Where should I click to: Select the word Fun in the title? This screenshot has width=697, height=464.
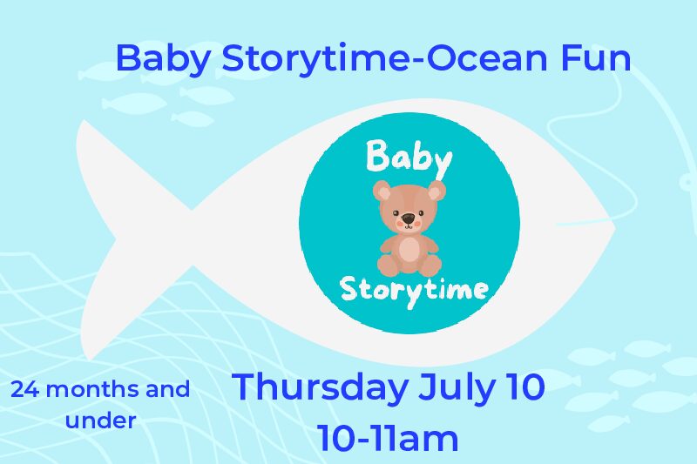[x=596, y=57]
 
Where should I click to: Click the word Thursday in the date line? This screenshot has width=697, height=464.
[x=320, y=387]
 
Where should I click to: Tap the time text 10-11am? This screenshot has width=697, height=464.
[x=387, y=438]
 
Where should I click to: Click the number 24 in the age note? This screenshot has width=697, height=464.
[x=25, y=390]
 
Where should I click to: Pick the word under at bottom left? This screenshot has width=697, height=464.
[x=100, y=420]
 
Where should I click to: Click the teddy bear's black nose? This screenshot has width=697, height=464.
[x=408, y=219]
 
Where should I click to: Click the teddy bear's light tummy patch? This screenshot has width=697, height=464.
[x=409, y=252]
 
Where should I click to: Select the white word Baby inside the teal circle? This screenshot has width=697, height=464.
[x=409, y=158]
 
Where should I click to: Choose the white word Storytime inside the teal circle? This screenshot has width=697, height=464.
[x=414, y=290]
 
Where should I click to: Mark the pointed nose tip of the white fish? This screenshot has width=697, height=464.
[x=615, y=227]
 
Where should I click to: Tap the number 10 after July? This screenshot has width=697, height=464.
[x=525, y=387]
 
